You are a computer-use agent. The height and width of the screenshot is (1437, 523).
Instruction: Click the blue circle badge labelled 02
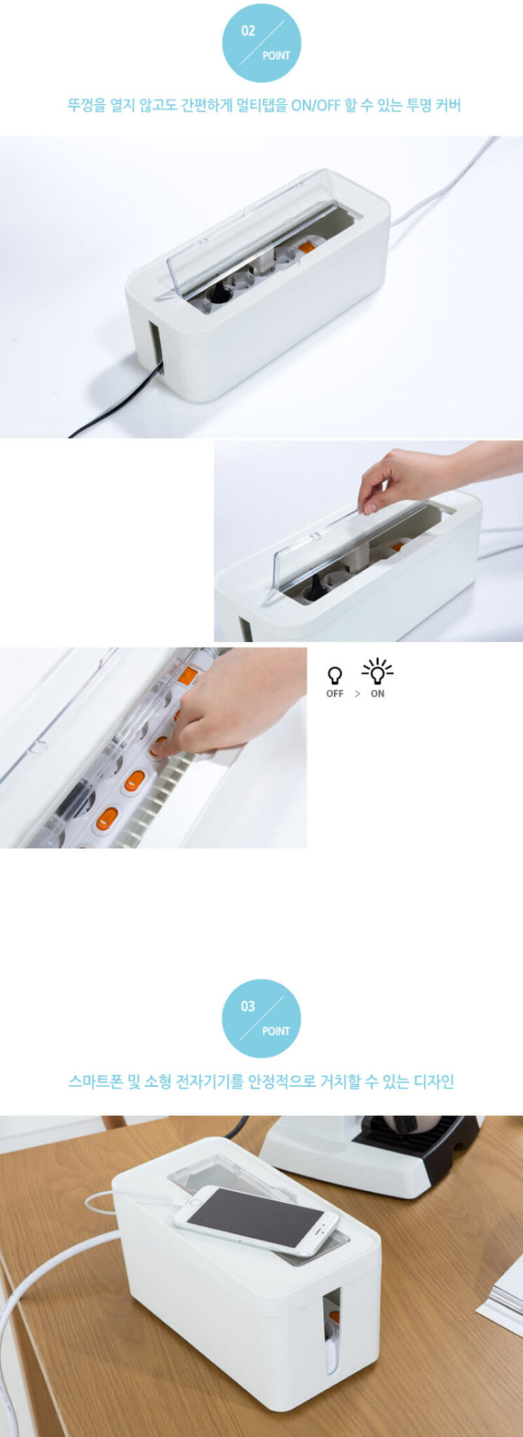coord(261,42)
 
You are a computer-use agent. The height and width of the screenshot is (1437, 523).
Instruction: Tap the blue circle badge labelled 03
coord(261,1018)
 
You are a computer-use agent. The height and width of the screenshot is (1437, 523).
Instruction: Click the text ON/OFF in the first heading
coord(315,106)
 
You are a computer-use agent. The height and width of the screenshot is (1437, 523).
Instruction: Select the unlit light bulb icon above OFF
coord(335,675)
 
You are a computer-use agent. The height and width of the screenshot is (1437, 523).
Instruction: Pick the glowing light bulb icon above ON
coord(378,671)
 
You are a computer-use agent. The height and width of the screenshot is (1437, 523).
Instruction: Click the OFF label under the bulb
coord(335,694)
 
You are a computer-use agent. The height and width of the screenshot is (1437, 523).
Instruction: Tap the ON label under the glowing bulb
coord(378,694)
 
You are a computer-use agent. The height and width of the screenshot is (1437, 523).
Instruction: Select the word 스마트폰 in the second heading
coord(97,1081)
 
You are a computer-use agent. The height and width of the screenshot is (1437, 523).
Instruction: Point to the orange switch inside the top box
coord(307,246)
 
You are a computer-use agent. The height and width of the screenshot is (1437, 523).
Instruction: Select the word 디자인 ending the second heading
coord(434,1081)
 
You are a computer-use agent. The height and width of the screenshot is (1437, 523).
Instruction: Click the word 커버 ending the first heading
coord(448,106)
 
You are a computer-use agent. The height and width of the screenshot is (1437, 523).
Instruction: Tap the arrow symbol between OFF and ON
coord(357,694)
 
